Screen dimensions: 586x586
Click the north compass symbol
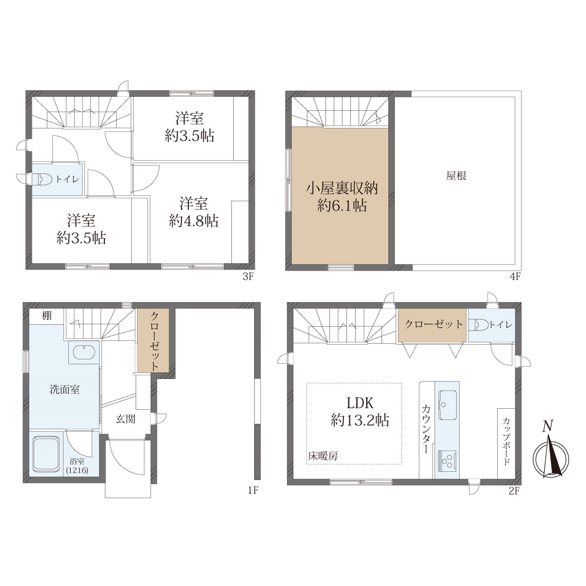pos(551,459)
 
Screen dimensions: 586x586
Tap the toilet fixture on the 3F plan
pos(39,179)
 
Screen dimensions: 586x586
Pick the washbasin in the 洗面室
pos(84,352)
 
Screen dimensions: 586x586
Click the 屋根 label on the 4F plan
pos(456,176)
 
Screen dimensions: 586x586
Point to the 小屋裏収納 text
pos(341,188)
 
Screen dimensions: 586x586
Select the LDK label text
pos(360,403)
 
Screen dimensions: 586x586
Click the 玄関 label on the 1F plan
pos(126,419)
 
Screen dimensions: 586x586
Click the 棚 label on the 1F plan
pos(46,316)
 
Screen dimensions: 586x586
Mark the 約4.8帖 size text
pos(194,221)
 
